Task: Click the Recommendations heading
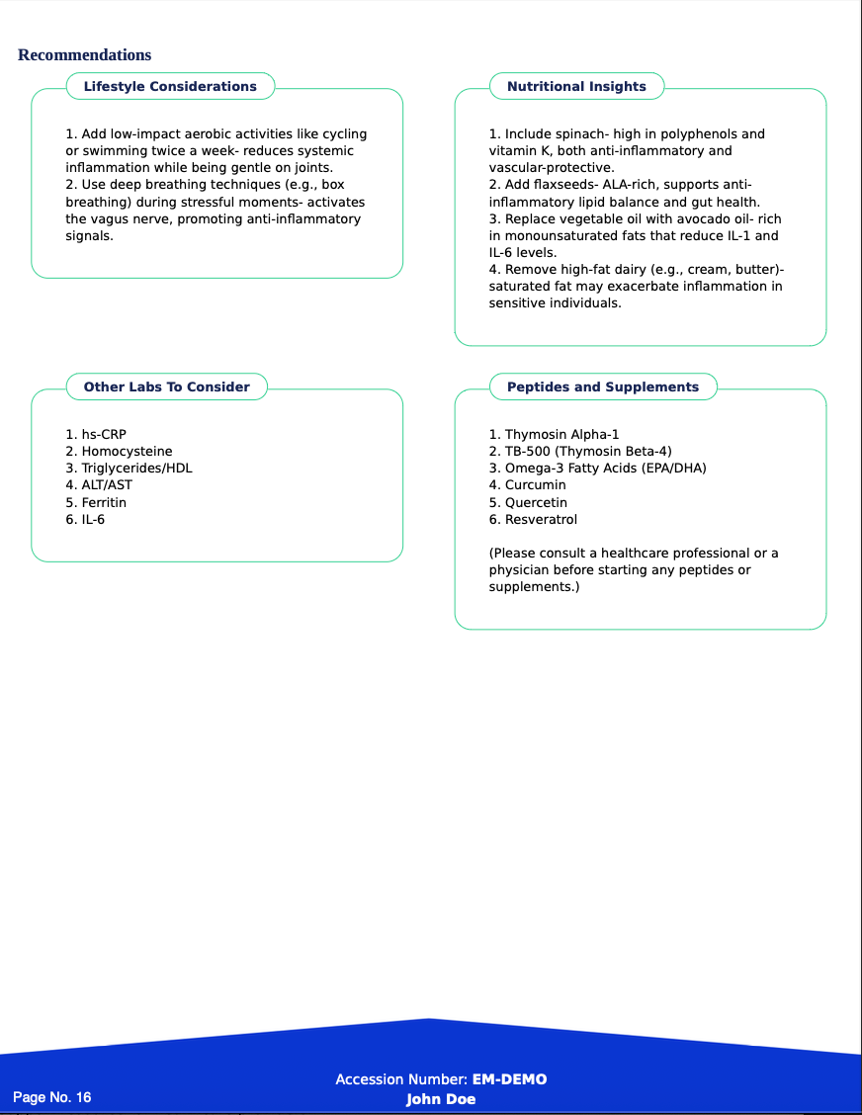coord(84,55)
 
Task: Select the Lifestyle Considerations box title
coord(170,87)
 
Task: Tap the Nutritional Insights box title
coord(576,87)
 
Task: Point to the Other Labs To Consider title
coord(166,387)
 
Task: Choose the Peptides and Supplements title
coord(603,387)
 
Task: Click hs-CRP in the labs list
coord(103,435)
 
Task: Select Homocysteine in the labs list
coord(126,452)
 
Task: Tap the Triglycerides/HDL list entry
coord(135,469)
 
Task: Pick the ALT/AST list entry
coord(106,485)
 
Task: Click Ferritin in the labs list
coord(103,503)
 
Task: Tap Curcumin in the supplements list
coord(535,485)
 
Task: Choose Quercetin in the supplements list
coord(536,503)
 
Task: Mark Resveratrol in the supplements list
coord(541,520)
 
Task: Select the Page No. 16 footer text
coord(51,1097)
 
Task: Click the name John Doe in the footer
coord(441,1099)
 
